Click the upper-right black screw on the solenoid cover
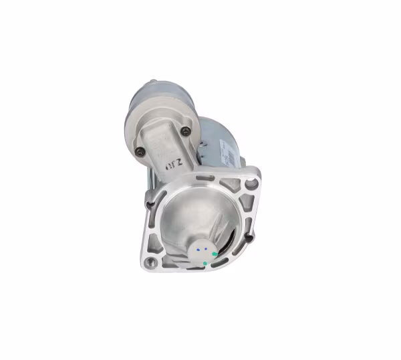click(186, 130)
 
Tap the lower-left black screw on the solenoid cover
click(140, 151)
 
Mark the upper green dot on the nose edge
click(214, 254)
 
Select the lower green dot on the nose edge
click(205, 263)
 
